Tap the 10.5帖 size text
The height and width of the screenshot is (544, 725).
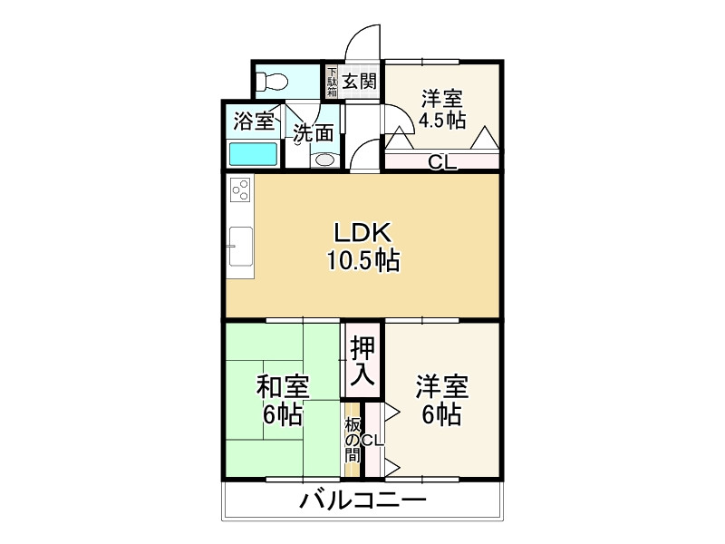pyautogui.click(x=362, y=261)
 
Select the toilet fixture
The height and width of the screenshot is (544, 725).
pyautogui.click(x=270, y=82)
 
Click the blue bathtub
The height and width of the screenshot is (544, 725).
pyautogui.click(x=253, y=153)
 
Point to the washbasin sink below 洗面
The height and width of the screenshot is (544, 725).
pyautogui.click(x=323, y=160)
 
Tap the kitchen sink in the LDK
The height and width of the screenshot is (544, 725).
pyautogui.click(x=242, y=242)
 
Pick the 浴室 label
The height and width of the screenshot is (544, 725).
pyautogui.click(x=253, y=120)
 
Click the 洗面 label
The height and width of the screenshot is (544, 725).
pyautogui.click(x=313, y=132)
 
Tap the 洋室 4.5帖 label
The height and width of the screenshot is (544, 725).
pyautogui.click(x=441, y=109)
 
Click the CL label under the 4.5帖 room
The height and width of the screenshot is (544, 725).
pyautogui.click(x=441, y=163)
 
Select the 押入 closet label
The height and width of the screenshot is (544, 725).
pyautogui.click(x=362, y=359)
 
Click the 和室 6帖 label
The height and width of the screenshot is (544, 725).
pyautogui.click(x=283, y=401)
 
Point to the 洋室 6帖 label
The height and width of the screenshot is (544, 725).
pyautogui.click(x=441, y=401)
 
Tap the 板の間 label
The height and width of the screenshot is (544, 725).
pyautogui.click(x=352, y=442)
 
